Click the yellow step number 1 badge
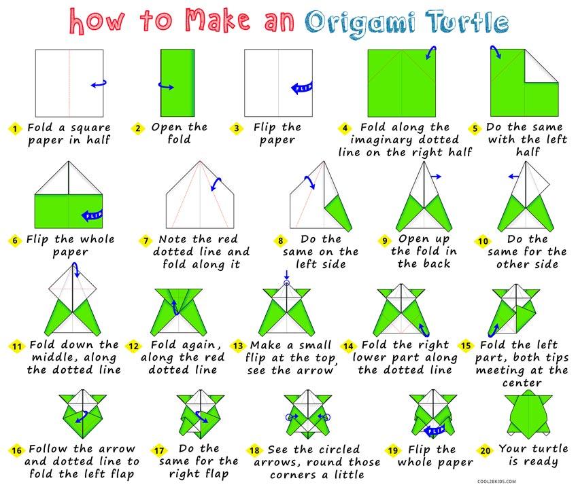pyautogui.click(x=15, y=128)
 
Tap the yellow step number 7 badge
pyautogui.click(x=145, y=240)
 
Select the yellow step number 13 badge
pyautogui.click(x=239, y=346)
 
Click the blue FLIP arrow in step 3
pyautogui.click(x=301, y=87)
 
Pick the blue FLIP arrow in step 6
pyautogui.click(x=90, y=215)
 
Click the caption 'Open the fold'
pyautogui.click(x=179, y=134)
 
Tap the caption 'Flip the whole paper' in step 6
pyautogui.click(x=70, y=245)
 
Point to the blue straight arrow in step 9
pyautogui.click(x=436, y=177)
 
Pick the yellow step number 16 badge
pyautogui.click(x=15, y=450)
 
